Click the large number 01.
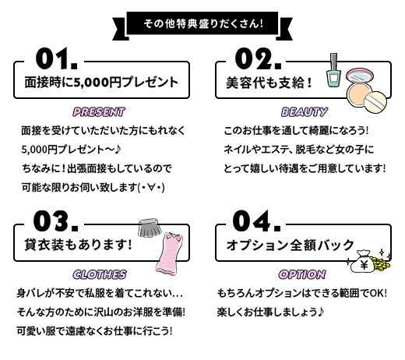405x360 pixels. pyautogui.click(x=56, y=58)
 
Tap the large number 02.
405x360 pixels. pyautogui.click(x=258, y=58)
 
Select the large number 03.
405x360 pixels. pyautogui.click(x=56, y=221)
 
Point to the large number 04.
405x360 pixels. pyautogui.click(x=256, y=221)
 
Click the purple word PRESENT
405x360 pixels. pyautogui.click(x=99, y=112)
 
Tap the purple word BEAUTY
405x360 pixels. pyautogui.click(x=304, y=112)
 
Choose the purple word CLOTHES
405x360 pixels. pyautogui.click(x=100, y=274)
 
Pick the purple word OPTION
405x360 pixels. pyautogui.click(x=302, y=274)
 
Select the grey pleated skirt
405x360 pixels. pyautogui.click(x=149, y=228)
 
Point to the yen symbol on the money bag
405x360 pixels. pyautogui.click(x=364, y=265)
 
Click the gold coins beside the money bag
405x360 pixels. pyautogui.click(x=382, y=263)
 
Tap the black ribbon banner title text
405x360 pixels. pyautogui.click(x=203, y=24)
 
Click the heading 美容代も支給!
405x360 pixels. pyautogui.click(x=269, y=83)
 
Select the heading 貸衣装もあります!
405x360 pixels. pyautogui.click(x=78, y=245)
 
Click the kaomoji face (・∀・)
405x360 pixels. pyautogui.click(x=151, y=188)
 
